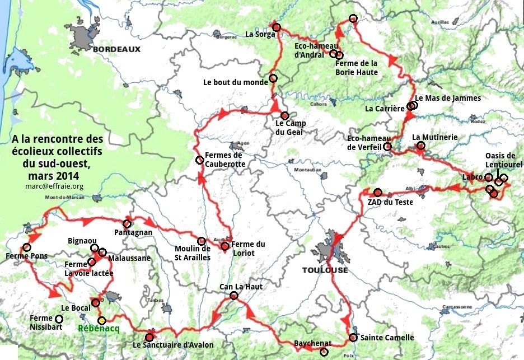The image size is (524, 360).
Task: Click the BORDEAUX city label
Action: [x=116, y=49]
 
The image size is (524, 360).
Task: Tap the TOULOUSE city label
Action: [x=325, y=270]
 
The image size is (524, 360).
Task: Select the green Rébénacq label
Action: [x=99, y=329]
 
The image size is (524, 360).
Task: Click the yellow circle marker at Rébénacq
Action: [x=101, y=320]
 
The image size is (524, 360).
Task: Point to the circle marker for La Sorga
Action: [x=276, y=26]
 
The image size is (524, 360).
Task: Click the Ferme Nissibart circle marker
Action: [x=59, y=319]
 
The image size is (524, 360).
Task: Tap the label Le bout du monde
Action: [x=236, y=82]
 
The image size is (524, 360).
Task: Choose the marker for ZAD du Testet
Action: [x=378, y=191]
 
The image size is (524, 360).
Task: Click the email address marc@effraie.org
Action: [x=54, y=185]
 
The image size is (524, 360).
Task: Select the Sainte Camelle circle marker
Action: [x=353, y=338]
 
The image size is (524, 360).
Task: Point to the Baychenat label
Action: [x=312, y=343]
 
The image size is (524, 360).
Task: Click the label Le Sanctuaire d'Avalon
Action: [x=173, y=345]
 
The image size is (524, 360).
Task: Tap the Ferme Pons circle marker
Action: [x=26, y=247]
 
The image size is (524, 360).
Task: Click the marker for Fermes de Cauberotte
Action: [x=199, y=160]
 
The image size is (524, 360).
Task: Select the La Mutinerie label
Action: [x=435, y=137]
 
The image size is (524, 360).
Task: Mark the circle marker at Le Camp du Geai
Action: [x=284, y=115]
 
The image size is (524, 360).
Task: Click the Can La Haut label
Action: [x=241, y=287]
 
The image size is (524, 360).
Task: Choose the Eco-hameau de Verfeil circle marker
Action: [x=387, y=147]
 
